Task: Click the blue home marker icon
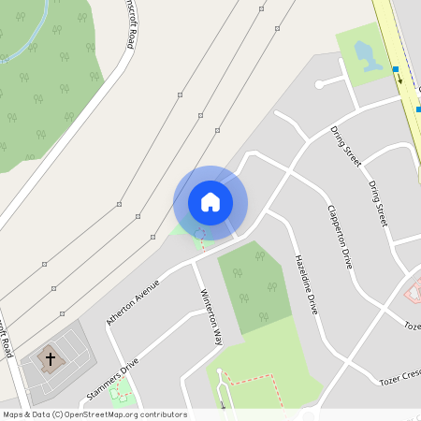point(210,201)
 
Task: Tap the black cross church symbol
point(51,357)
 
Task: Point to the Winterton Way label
point(210,317)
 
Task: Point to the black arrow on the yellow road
point(400,80)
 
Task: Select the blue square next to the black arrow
point(396,69)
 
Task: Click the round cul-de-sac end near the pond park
point(320,85)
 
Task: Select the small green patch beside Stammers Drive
point(121,394)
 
